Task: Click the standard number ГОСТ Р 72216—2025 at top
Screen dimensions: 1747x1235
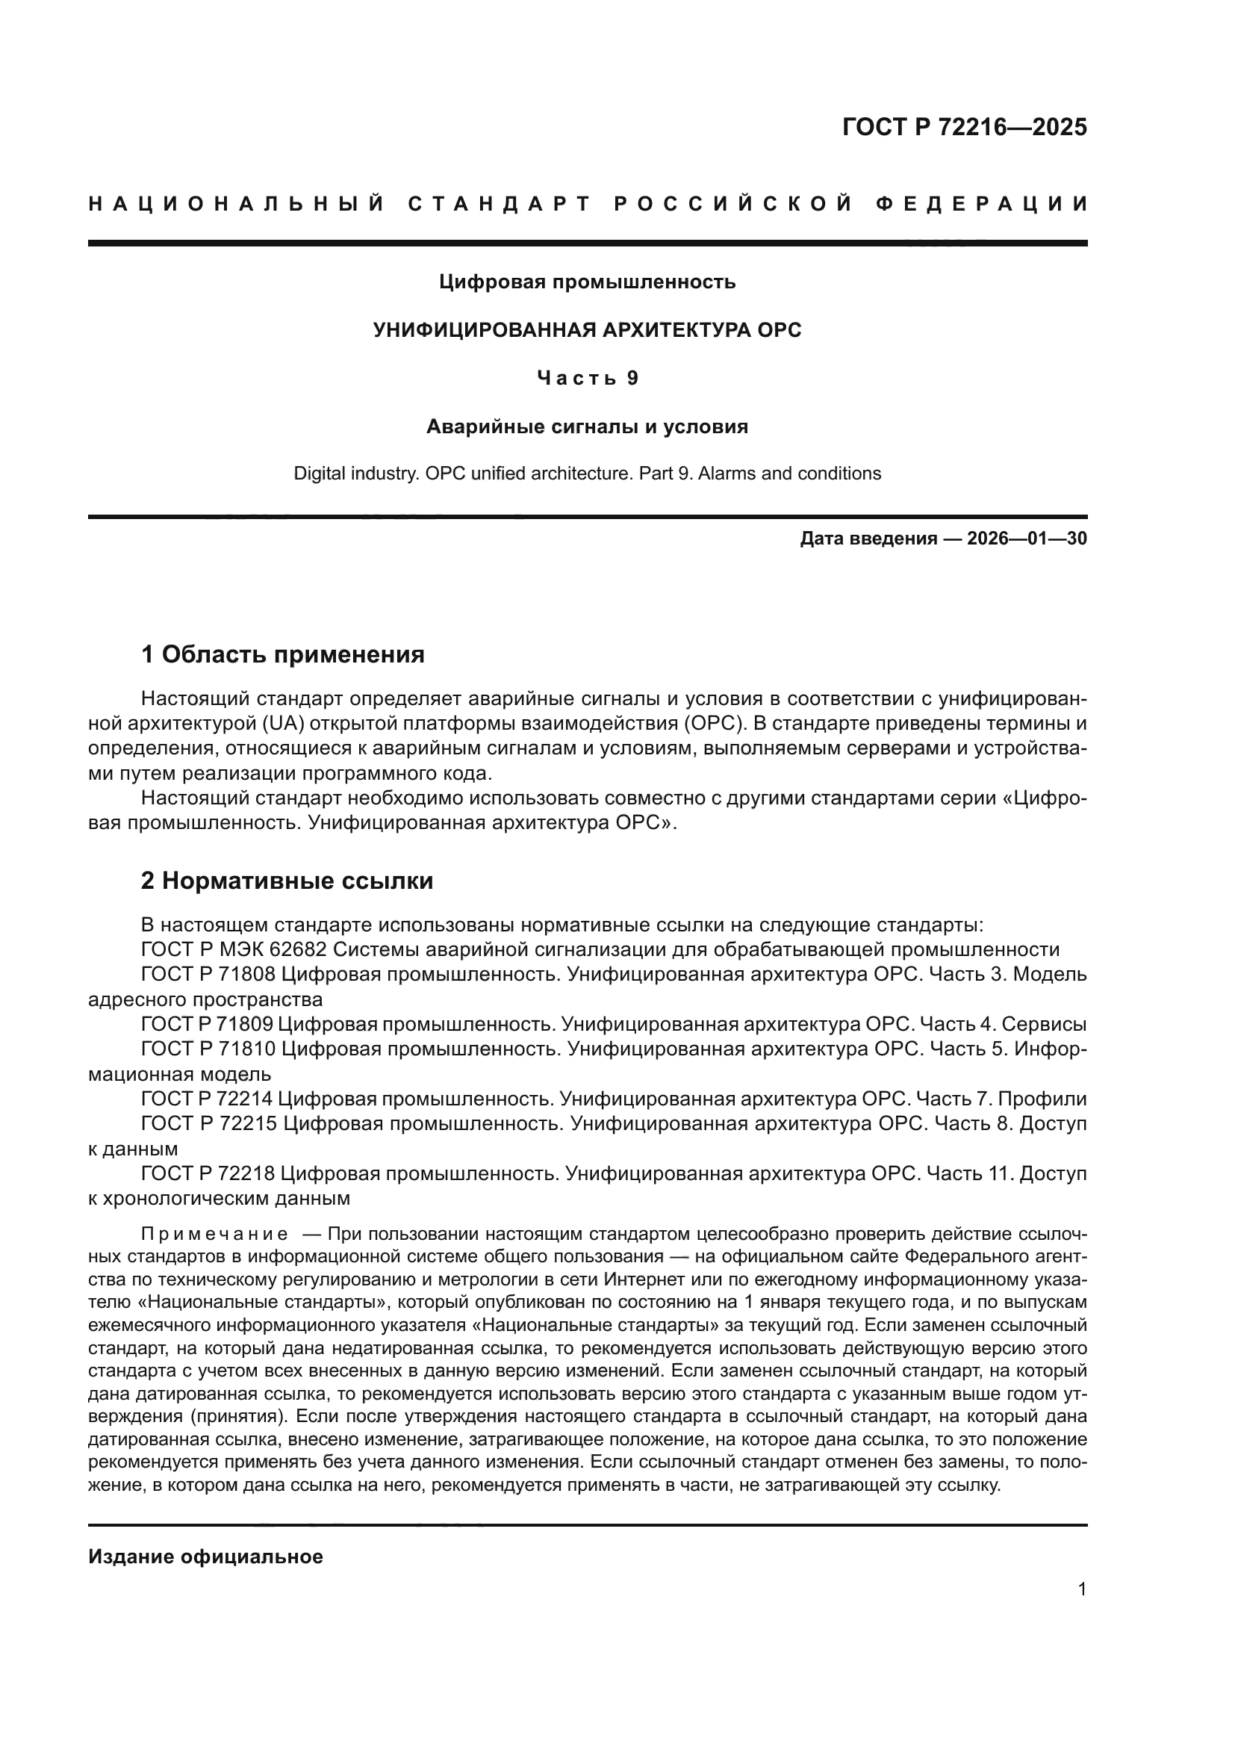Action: (964, 127)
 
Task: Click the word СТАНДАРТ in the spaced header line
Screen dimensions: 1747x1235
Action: (500, 204)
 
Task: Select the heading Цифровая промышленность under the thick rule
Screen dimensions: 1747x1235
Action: (587, 282)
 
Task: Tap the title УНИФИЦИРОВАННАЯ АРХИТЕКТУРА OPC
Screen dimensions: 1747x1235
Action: (587, 330)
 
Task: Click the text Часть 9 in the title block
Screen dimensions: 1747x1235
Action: (587, 378)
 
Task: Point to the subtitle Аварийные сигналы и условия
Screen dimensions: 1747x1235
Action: (587, 427)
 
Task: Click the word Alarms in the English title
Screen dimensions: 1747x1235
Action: (727, 474)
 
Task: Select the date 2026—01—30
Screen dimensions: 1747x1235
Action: (1027, 539)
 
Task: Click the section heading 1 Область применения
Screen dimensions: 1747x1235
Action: (283, 654)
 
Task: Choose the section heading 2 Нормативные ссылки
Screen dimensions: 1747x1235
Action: (287, 881)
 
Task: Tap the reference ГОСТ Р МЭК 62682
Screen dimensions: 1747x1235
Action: (234, 949)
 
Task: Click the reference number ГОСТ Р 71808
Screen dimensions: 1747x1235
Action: (209, 975)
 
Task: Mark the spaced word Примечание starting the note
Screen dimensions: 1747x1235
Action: (214, 1233)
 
